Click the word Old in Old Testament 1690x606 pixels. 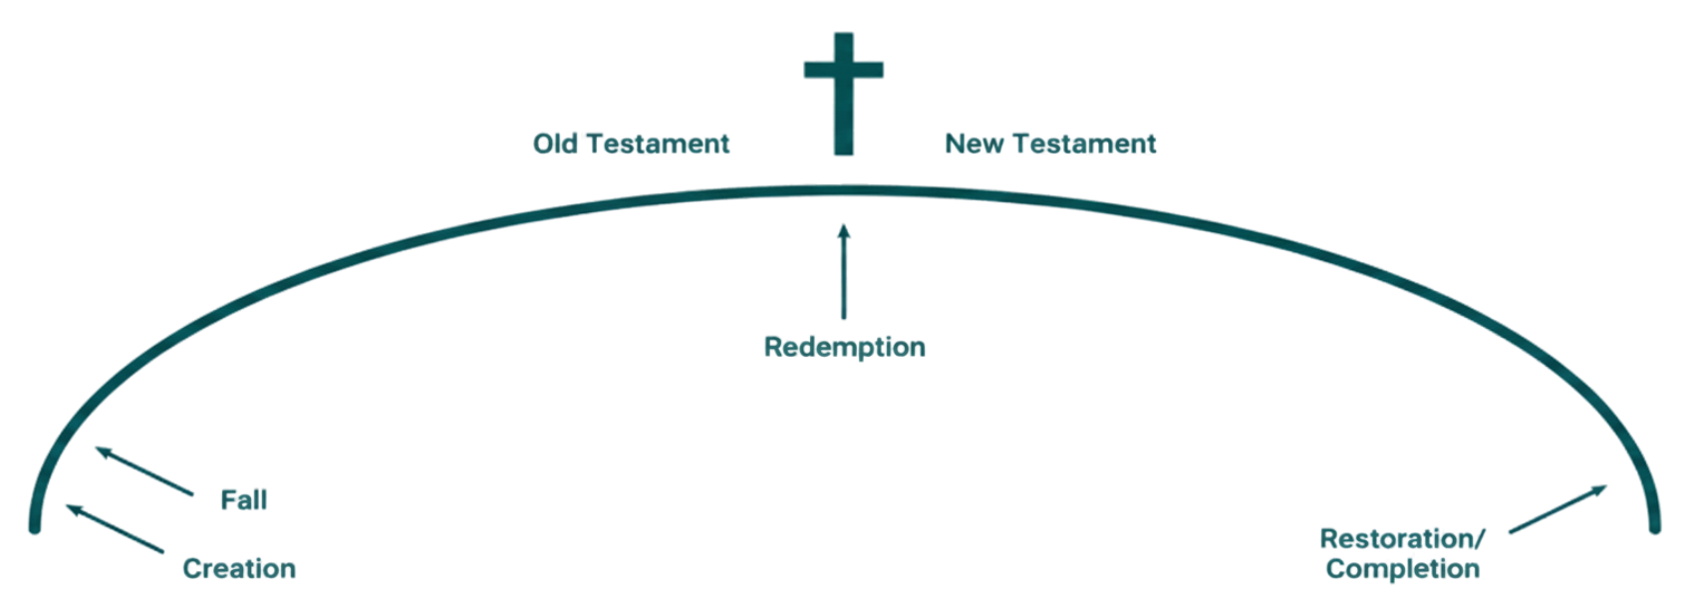click(554, 146)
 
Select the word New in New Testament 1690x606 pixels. click(969, 146)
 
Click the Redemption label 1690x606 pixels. click(845, 348)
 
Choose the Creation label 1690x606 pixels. click(239, 569)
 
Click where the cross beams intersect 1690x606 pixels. click(844, 72)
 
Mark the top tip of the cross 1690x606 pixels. click(844, 36)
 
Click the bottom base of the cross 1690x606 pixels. click(844, 153)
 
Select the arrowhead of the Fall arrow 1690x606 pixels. click(97, 454)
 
